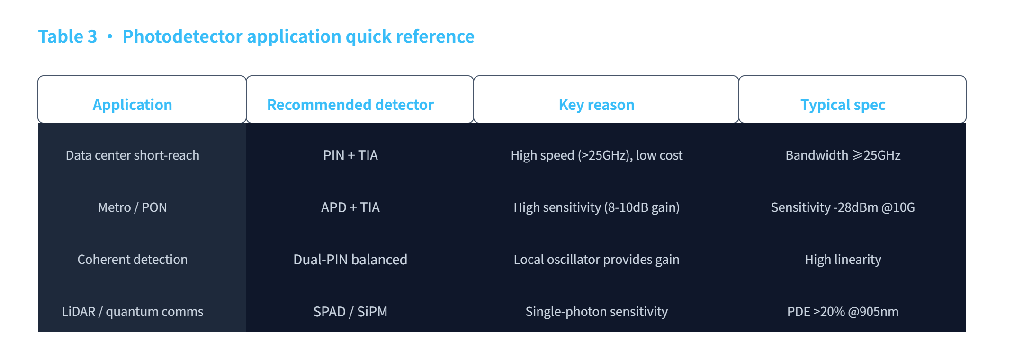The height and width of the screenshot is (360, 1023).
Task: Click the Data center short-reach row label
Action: [x=133, y=155]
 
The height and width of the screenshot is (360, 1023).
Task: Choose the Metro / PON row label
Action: [x=133, y=207]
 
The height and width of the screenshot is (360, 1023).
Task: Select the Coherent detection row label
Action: [x=133, y=260]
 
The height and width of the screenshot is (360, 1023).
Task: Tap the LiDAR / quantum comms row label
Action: [x=133, y=312]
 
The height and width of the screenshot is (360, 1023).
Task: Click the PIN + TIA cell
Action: [x=350, y=155]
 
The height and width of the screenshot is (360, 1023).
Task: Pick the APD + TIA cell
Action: [x=350, y=207]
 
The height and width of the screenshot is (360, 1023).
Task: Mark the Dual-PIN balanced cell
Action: [x=350, y=260]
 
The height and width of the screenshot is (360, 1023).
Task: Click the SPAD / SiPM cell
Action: [x=350, y=312]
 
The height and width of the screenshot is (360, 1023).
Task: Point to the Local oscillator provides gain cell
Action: [x=597, y=260]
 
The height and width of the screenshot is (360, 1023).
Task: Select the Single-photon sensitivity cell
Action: [x=597, y=312]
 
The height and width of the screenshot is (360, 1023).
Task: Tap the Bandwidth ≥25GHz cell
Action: [x=843, y=155]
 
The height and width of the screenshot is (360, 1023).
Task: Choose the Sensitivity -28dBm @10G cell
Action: [x=843, y=207]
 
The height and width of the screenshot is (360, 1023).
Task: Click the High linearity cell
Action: [x=843, y=260]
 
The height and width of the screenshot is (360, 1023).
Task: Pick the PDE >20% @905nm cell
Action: [x=843, y=312]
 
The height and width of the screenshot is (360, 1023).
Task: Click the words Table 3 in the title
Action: [x=68, y=36]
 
